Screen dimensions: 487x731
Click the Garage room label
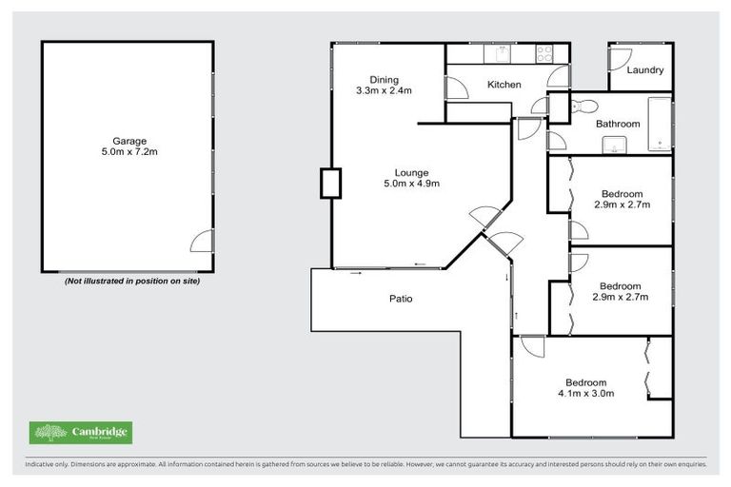pyautogui.click(x=129, y=140)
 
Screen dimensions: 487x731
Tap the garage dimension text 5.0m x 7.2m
pyautogui.click(x=129, y=151)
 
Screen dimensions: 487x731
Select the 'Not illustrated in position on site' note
pyautogui.click(x=131, y=282)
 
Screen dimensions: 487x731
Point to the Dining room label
pyautogui.click(x=385, y=80)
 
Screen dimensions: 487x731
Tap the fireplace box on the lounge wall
pyautogui.click(x=330, y=183)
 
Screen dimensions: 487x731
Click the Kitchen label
pyautogui.click(x=504, y=85)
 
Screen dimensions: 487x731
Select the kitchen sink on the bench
pyautogui.click(x=499, y=53)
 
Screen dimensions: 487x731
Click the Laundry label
pyautogui.click(x=645, y=70)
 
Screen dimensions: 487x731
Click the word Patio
pyautogui.click(x=400, y=299)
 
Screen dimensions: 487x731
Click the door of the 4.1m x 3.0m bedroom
pyautogui.click(x=530, y=346)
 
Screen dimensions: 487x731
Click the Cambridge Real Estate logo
pyautogui.click(x=80, y=433)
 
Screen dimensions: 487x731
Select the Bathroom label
pyautogui.click(x=617, y=124)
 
